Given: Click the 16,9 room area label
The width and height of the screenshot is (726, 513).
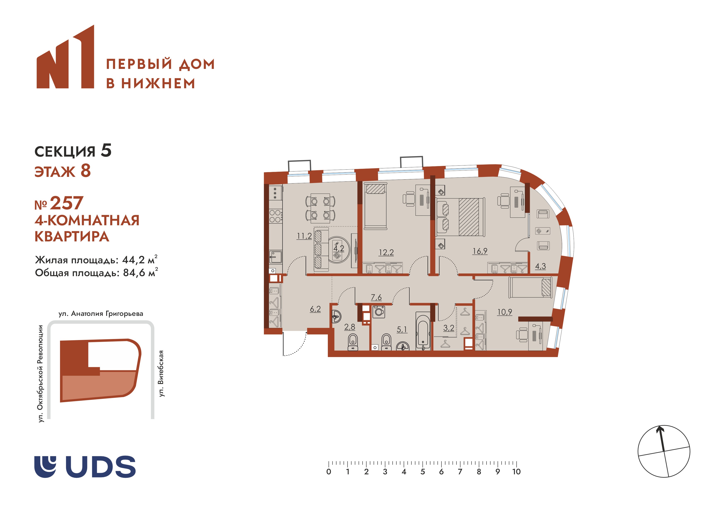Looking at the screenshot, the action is point(480,251).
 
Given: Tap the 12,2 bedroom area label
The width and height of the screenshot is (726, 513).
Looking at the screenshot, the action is point(386,253).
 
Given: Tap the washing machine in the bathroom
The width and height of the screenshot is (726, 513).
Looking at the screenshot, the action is point(379,312).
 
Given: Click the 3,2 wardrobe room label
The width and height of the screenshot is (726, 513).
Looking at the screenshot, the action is point(448,328).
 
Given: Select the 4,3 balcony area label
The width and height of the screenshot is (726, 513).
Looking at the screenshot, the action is point(540,266).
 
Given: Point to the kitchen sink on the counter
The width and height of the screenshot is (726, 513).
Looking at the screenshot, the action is point(275,257).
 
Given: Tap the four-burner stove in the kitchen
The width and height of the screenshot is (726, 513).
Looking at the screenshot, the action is point(275,216).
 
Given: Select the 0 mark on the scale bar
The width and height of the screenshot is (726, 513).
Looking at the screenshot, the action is point(329,472).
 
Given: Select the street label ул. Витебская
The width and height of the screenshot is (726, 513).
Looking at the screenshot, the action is point(161,374).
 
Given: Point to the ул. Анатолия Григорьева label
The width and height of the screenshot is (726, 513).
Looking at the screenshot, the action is point(101,314).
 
